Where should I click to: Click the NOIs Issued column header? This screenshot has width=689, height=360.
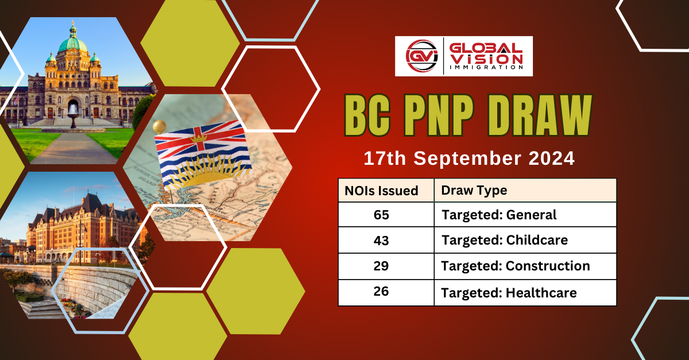pyautogui.click(x=381, y=191)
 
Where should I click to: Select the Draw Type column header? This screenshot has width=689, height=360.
pyautogui.click(x=474, y=191)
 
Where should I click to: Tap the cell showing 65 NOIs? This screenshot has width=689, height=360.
pyautogui.click(x=381, y=215)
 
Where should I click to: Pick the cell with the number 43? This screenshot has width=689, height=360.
pyautogui.click(x=381, y=241)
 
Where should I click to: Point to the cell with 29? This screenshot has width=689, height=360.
pyautogui.click(x=381, y=266)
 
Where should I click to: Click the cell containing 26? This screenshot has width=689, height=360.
pyautogui.click(x=381, y=292)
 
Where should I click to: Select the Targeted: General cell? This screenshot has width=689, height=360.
pyautogui.click(x=498, y=215)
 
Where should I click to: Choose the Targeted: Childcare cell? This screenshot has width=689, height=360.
pyautogui.click(x=504, y=241)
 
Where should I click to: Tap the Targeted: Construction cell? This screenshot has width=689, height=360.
pyautogui.click(x=515, y=266)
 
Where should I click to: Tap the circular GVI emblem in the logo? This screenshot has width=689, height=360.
pyautogui.click(x=419, y=56)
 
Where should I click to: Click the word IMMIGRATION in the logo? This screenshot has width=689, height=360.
pyautogui.click(x=486, y=67)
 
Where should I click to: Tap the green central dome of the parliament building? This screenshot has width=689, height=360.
pyautogui.click(x=72, y=43)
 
